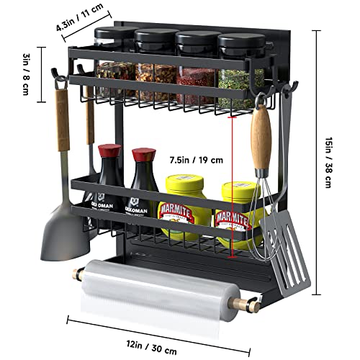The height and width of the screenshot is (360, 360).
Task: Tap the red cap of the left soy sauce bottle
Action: (x=109, y=151)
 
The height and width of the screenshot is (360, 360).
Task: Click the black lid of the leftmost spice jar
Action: (x=115, y=35)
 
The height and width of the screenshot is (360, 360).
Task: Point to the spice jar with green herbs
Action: (x=239, y=85)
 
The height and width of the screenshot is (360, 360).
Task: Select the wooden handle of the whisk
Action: (x=260, y=137)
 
